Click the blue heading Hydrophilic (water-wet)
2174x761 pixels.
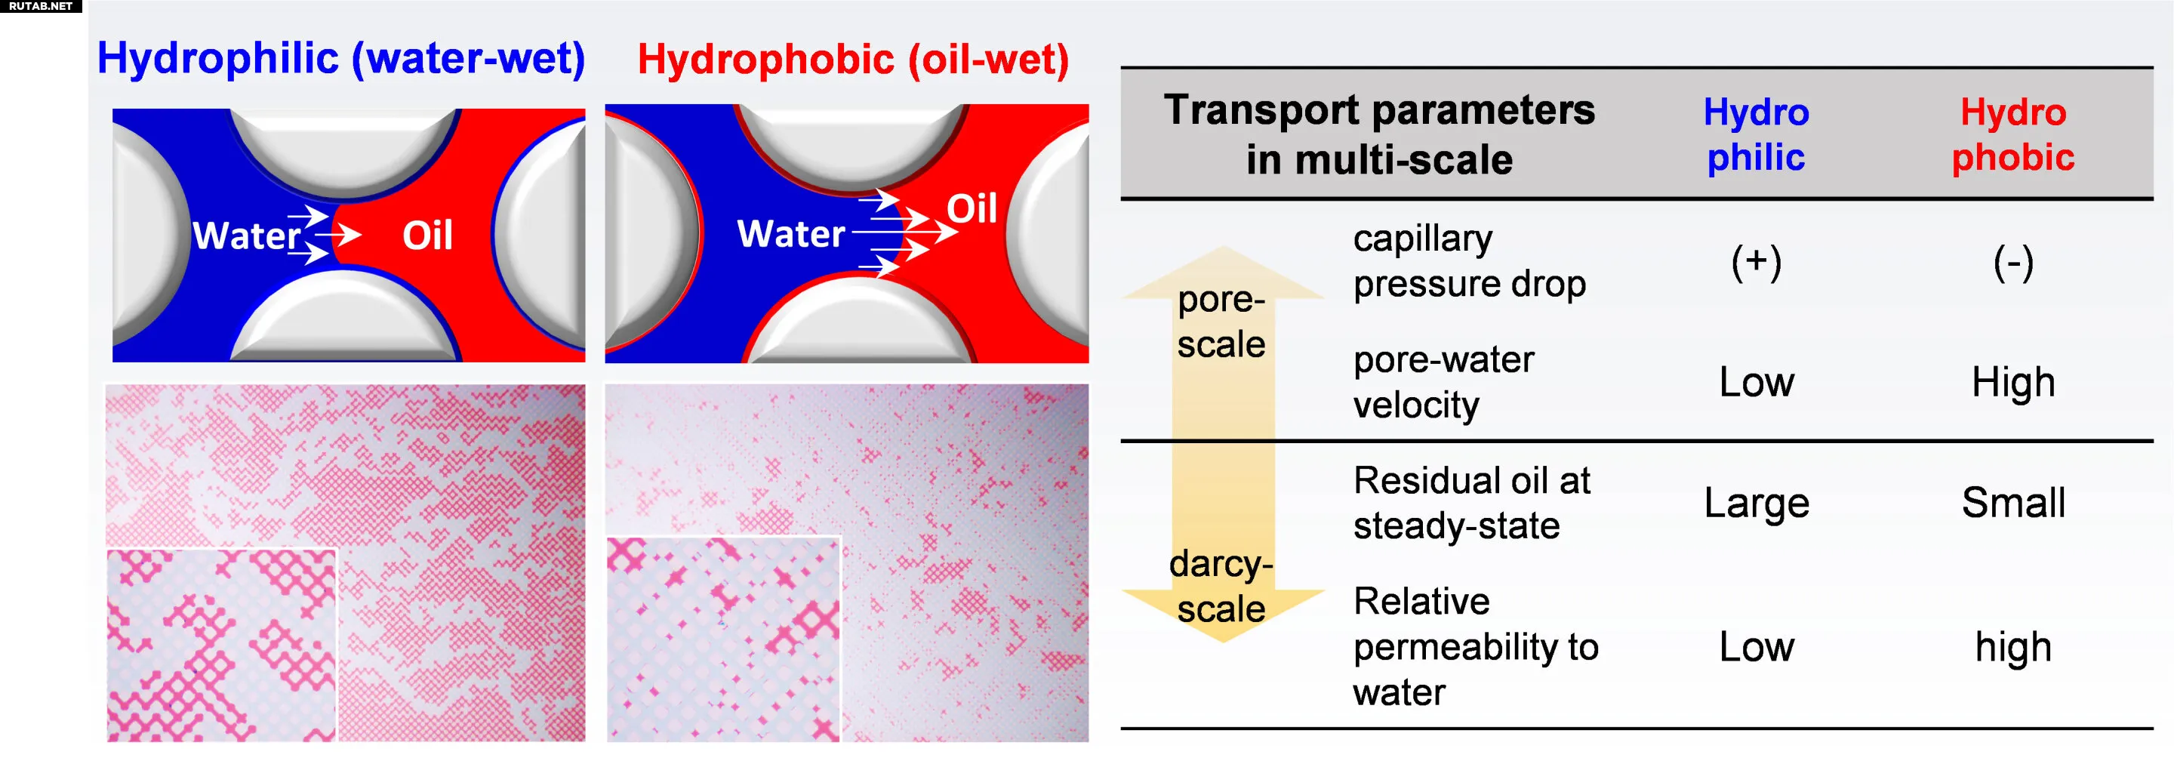341,59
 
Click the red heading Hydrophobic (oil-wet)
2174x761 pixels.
853,60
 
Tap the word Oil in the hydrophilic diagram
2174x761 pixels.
428,236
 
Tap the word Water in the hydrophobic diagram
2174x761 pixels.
791,234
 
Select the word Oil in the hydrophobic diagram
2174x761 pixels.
972,208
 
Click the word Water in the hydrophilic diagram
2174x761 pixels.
246,236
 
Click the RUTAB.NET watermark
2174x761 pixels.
41,6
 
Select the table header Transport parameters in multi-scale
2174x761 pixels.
1379,134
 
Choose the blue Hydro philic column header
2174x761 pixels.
1757,135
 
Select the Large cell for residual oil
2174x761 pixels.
1757,504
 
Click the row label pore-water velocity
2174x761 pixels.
1443,382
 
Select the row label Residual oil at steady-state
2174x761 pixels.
1472,503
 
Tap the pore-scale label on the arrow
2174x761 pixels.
1221,322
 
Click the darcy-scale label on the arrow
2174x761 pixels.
1221,587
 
